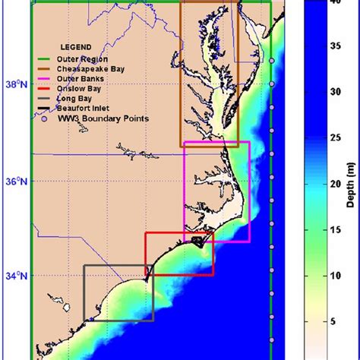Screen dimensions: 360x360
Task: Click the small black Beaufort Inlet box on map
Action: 197,241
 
